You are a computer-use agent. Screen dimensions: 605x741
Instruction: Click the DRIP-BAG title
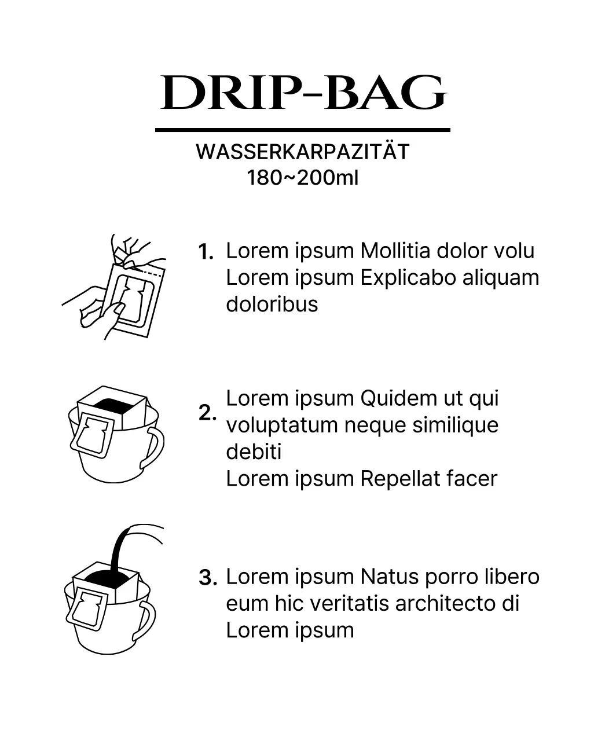(x=303, y=93)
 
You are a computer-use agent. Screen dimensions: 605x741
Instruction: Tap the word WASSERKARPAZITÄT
(x=302, y=152)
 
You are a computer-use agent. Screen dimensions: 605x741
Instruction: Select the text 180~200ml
(x=302, y=177)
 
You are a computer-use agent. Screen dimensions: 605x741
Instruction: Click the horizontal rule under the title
(x=302, y=130)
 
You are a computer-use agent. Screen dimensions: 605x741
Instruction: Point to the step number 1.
(x=206, y=252)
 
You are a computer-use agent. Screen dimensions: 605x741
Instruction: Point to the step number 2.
(x=207, y=413)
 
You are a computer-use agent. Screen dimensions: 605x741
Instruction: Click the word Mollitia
(x=395, y=251)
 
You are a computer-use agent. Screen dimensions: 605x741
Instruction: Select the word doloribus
(x=272, y=305)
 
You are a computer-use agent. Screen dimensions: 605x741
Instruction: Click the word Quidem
(x=399, y=398)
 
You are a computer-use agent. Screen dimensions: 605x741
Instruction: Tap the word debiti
(x=254, y=452)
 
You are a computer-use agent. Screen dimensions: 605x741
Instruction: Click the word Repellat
(x=400, y=479)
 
